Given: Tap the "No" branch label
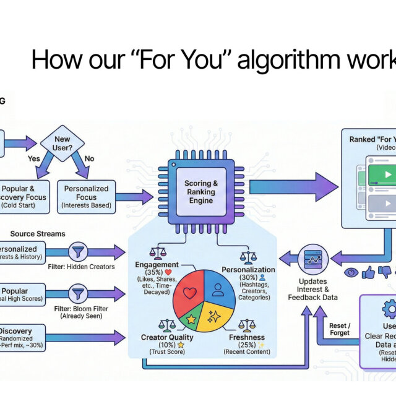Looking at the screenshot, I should [x=89, y=158].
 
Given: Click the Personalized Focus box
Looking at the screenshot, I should [x=87, y=197].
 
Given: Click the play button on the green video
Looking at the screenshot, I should [x=387, y=174].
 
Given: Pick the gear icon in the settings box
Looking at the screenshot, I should [x=390, y=308].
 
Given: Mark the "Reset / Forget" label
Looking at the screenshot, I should [x=339, y=329].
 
